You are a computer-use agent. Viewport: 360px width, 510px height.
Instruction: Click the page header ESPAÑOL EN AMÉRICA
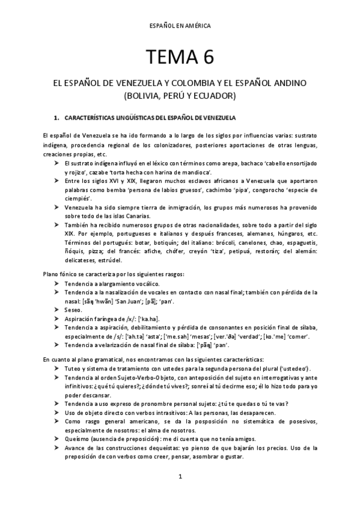click(180, 26)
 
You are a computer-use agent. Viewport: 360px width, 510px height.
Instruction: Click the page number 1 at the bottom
click(180, 476)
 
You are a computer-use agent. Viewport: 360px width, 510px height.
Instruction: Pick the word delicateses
click(81, 260)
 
